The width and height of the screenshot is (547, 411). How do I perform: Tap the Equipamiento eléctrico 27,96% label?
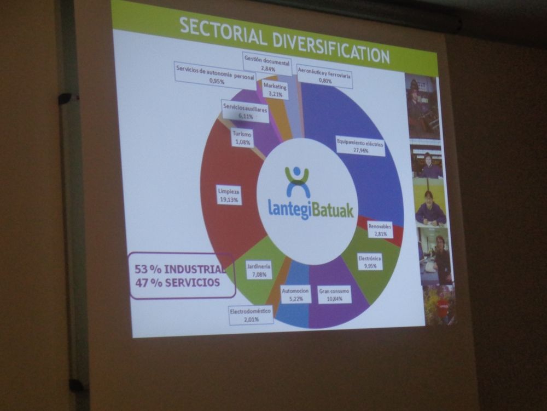360,147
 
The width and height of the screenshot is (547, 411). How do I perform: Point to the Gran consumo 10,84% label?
334,294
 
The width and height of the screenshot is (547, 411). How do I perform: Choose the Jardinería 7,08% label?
259,270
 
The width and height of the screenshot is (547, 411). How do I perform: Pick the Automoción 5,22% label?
295,294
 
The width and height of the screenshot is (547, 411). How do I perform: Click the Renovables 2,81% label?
380,230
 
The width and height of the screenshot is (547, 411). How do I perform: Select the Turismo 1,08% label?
242,138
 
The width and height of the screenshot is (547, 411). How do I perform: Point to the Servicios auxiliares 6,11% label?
245,111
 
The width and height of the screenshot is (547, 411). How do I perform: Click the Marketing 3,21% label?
276,89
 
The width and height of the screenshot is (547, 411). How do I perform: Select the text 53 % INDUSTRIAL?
180,269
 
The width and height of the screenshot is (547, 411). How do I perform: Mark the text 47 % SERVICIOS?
178,282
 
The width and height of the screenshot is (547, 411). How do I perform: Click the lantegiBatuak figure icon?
297,182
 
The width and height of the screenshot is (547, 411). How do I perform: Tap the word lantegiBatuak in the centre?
311,209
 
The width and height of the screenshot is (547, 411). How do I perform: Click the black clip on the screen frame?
65,99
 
